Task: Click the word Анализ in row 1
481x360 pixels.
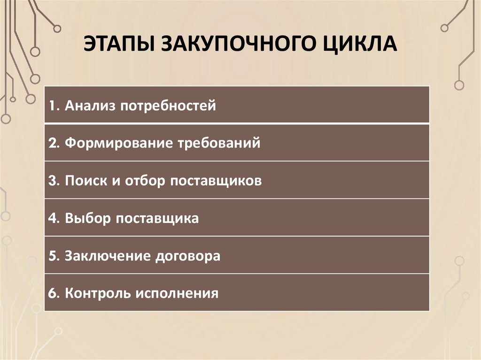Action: [x=90, y=105]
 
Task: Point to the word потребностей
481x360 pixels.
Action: [x=168, y=105]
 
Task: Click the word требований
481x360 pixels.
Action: [x=218, y=143]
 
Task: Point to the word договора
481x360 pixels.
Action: [x=188, y=256]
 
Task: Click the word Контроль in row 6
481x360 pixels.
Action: [x=98, y=294]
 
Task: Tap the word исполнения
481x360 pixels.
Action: [x=178, y=294]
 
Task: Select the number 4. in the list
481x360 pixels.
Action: [x=53, y=218]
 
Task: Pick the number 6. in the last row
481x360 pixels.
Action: [x=53, y=294]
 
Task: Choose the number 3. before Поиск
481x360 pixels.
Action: [x=53, y=181]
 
